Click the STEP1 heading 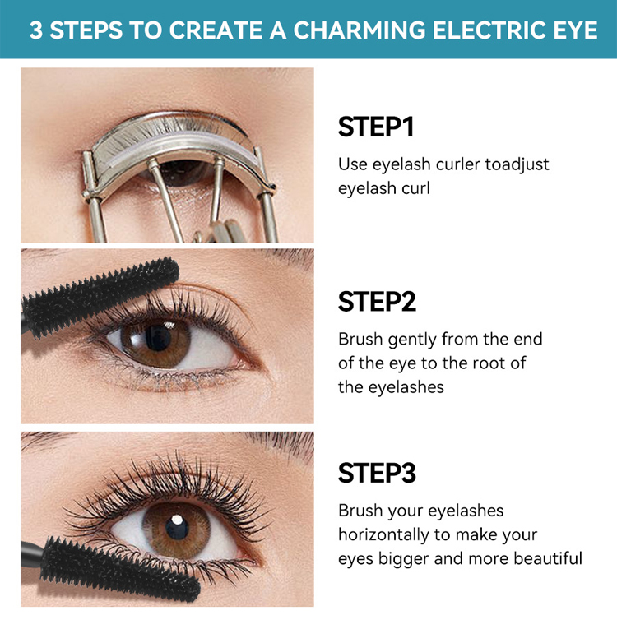[376, 127]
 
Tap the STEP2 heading [377, 301]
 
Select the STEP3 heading [377, 473]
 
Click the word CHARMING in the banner [360, 30]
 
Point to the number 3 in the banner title [35, 30]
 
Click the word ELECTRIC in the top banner [484, 30]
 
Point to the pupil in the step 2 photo [157, 337]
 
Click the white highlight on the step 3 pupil [177, 520]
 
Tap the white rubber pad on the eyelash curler [181, 146]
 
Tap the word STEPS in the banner [86, 30]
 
